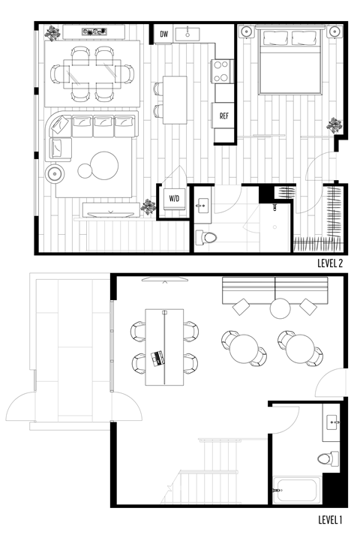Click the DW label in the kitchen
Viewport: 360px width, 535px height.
tap(163, 34)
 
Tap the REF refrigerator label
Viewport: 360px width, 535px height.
tap(223, 116)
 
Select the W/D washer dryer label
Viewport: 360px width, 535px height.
tap(174, 199)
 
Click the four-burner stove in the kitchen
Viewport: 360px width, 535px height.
tap(223, 71)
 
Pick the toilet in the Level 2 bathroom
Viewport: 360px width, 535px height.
tap(205, 238)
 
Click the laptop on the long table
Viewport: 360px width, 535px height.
tap(158, 358)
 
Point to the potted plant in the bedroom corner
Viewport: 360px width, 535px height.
tap(334, 126)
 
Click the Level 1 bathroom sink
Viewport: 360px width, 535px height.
tap(333, 423)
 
